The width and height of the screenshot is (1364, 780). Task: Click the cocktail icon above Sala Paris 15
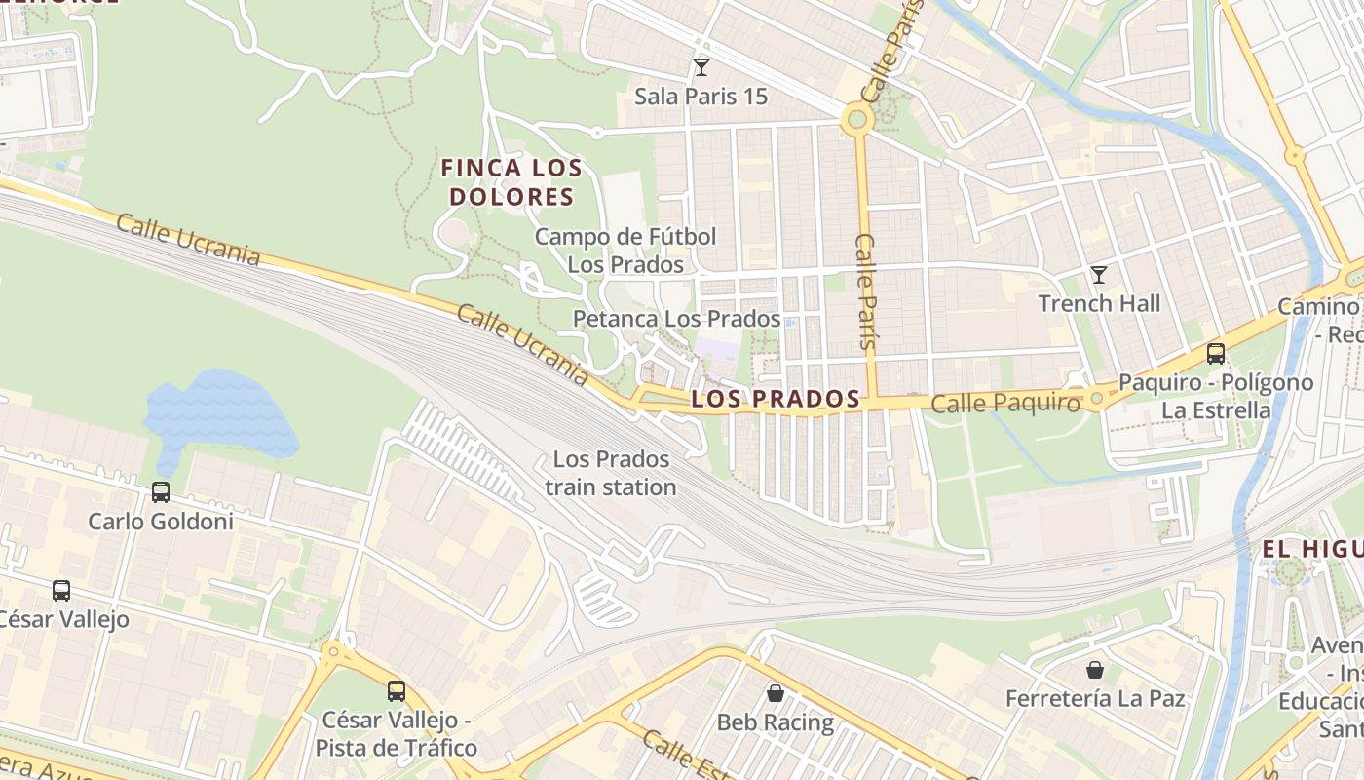click(701, 67)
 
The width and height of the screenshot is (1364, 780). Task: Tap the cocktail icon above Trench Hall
click(1099, 275)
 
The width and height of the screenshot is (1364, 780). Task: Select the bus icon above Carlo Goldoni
click(161, 492)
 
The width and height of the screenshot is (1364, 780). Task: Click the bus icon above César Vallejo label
click(61, 590)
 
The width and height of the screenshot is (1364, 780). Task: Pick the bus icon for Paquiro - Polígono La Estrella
click(1215, 354)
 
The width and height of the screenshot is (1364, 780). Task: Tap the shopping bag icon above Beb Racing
click(775, 693)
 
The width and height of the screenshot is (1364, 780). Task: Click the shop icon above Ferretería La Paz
click(1095, 670)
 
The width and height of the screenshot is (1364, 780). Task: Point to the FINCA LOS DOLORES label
click(511, 182)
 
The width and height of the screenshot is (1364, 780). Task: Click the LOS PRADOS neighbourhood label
click(776, 399)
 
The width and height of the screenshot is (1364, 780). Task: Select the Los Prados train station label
click(611, 473)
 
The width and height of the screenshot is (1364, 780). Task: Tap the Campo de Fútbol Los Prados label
click(625, 251)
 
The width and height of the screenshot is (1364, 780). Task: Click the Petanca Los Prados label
click(676, 319)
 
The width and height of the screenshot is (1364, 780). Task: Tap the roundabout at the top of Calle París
click(856, 120)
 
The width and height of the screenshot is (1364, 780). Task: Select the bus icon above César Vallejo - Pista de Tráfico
click(396, 691)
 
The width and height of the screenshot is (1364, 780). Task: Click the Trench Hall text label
click(1099, 303)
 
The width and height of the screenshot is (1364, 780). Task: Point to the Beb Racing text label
click(775, 722)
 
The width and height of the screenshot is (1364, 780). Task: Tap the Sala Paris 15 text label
click(701, 97)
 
